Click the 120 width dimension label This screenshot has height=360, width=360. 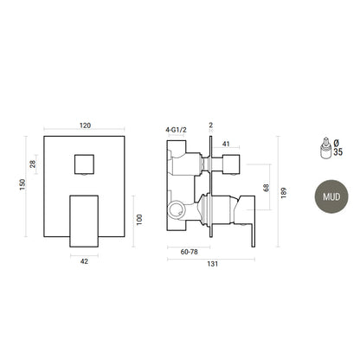(85, 125)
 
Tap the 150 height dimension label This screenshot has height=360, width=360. (22, 184)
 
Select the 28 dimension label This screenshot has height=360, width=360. (33, 164)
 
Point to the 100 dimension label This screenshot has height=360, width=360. (139, 220)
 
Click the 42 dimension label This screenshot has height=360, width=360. (84, 261)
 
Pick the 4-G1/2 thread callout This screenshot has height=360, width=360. (176, 130)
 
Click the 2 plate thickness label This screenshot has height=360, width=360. (211, 125)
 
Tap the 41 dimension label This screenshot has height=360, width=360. (226, 144)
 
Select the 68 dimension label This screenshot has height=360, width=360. (266, 188)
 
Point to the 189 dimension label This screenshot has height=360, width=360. (283, 193)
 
